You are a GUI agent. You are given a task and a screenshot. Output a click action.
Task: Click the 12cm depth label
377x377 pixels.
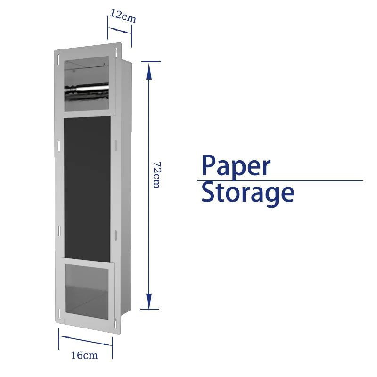[123, 16]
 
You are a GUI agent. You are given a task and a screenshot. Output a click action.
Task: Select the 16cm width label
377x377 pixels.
[84, 355]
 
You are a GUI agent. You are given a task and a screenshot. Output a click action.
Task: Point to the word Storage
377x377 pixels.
[248, 193]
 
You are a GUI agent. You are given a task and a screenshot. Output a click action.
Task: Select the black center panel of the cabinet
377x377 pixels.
[87, 186]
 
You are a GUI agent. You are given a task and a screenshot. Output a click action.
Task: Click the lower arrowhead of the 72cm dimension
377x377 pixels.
[149, 301]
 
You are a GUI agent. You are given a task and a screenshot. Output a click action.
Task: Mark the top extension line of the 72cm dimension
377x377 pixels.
[150, 62]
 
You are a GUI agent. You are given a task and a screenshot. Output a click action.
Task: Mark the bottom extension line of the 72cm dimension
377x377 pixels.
[150, 309]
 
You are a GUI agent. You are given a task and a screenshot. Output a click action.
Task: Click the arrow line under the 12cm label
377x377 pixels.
[120, 30]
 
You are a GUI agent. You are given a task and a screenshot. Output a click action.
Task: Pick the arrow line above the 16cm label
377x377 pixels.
[86, 340]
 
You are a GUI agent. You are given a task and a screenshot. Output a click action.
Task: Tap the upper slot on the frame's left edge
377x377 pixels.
[59, 146]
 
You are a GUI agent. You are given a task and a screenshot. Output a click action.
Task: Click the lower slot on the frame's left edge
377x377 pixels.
[59, 231]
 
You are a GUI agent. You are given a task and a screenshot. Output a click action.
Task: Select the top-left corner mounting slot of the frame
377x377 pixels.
[58, 57]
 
